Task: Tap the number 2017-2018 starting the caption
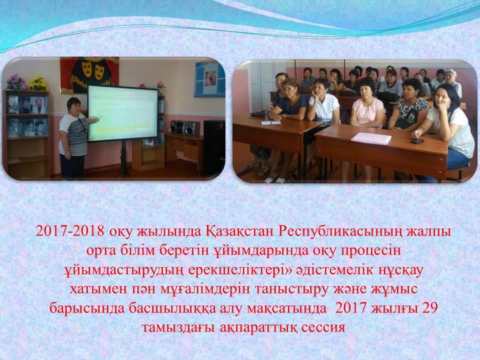[x=70, y=231]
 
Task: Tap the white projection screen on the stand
[x=123, y=113]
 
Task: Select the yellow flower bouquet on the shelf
[x=38, y=83]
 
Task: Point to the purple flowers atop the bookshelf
[x=16, y=82]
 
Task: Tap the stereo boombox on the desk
[x=184, y=127]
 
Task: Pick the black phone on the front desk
[x=417, y=141]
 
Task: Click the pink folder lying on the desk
[x=371, y=138]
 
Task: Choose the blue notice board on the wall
[x=209, y=78]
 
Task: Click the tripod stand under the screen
[x=123, y=159]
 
